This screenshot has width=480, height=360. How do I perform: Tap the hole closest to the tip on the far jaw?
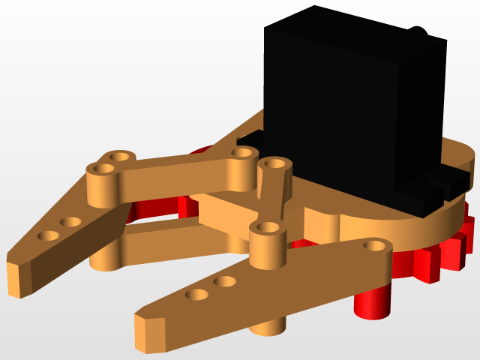point(49,235)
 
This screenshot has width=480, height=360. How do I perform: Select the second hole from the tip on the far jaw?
point(71,222)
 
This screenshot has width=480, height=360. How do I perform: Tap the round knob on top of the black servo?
point(418,33)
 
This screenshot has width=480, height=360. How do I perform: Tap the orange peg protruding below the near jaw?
point(270,324)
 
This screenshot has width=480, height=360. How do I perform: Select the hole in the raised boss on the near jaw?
point(265,226)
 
